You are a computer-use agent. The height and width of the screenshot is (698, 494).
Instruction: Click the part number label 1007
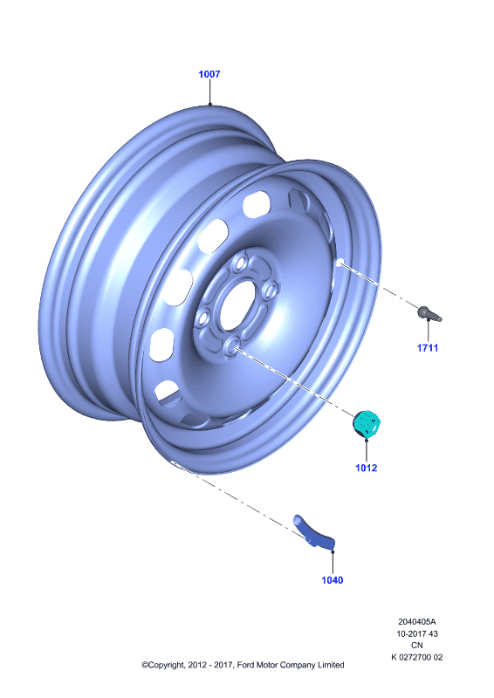[x=209, y=74]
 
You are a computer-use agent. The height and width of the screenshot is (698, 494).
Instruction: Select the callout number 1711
[x=428, y=348]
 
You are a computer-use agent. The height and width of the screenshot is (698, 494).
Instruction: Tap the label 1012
[x=367, y=468]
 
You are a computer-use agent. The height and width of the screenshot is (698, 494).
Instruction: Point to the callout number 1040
[x=333, y=580]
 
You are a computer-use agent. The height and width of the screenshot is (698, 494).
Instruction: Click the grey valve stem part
[x=429, y=313]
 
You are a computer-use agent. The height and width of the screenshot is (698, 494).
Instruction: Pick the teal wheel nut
[x=367, y=423]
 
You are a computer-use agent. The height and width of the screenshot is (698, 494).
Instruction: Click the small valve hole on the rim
[x=340, y=263]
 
